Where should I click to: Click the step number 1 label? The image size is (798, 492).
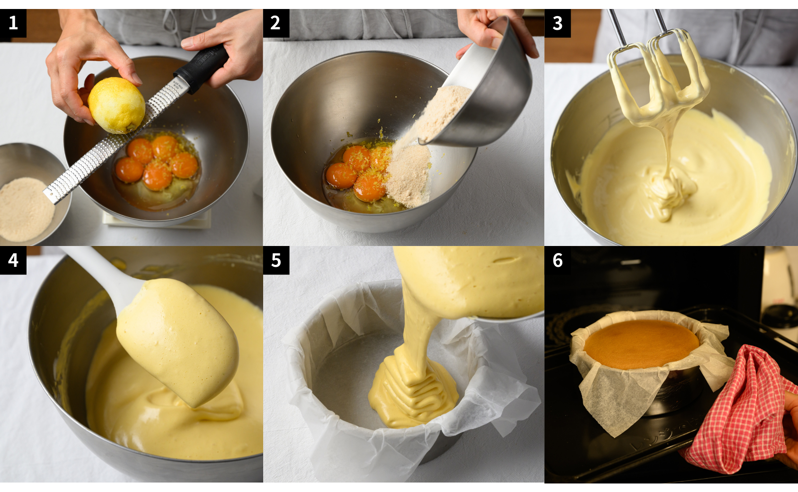click(x=13, y=23)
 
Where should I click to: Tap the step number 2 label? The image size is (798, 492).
click(x=276, y=23)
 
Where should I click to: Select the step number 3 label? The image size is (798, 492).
click(x=558, y=23)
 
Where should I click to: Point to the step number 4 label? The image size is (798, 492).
click(x=13, y=260)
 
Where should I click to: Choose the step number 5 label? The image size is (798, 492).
click(x=276, y=260)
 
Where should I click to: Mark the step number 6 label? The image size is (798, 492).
click(x=558, y=260)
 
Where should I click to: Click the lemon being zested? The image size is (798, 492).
click(x=116, y=105)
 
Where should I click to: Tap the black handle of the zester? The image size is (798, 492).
click(x=201, y=68)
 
